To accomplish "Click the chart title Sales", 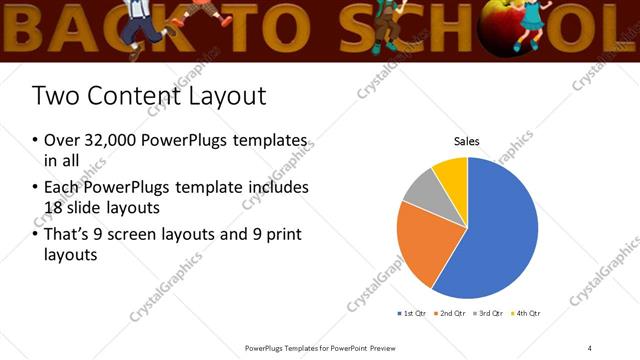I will point(467,142).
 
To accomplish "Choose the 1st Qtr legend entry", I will point(414,313).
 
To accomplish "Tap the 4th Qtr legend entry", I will point(528,313).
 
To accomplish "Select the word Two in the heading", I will point(53,97).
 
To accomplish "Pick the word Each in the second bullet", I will point(62,187).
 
